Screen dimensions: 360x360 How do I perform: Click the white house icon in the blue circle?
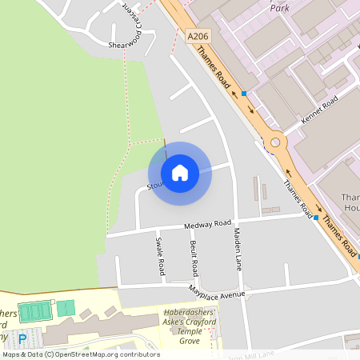pos(180,173)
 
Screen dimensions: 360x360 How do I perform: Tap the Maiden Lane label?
pos(237,248)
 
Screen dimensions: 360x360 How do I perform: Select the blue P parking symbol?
pos(22,339)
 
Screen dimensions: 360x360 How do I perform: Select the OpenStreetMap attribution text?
pos(80,354)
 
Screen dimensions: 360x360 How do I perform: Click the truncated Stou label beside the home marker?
pos(155,187)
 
